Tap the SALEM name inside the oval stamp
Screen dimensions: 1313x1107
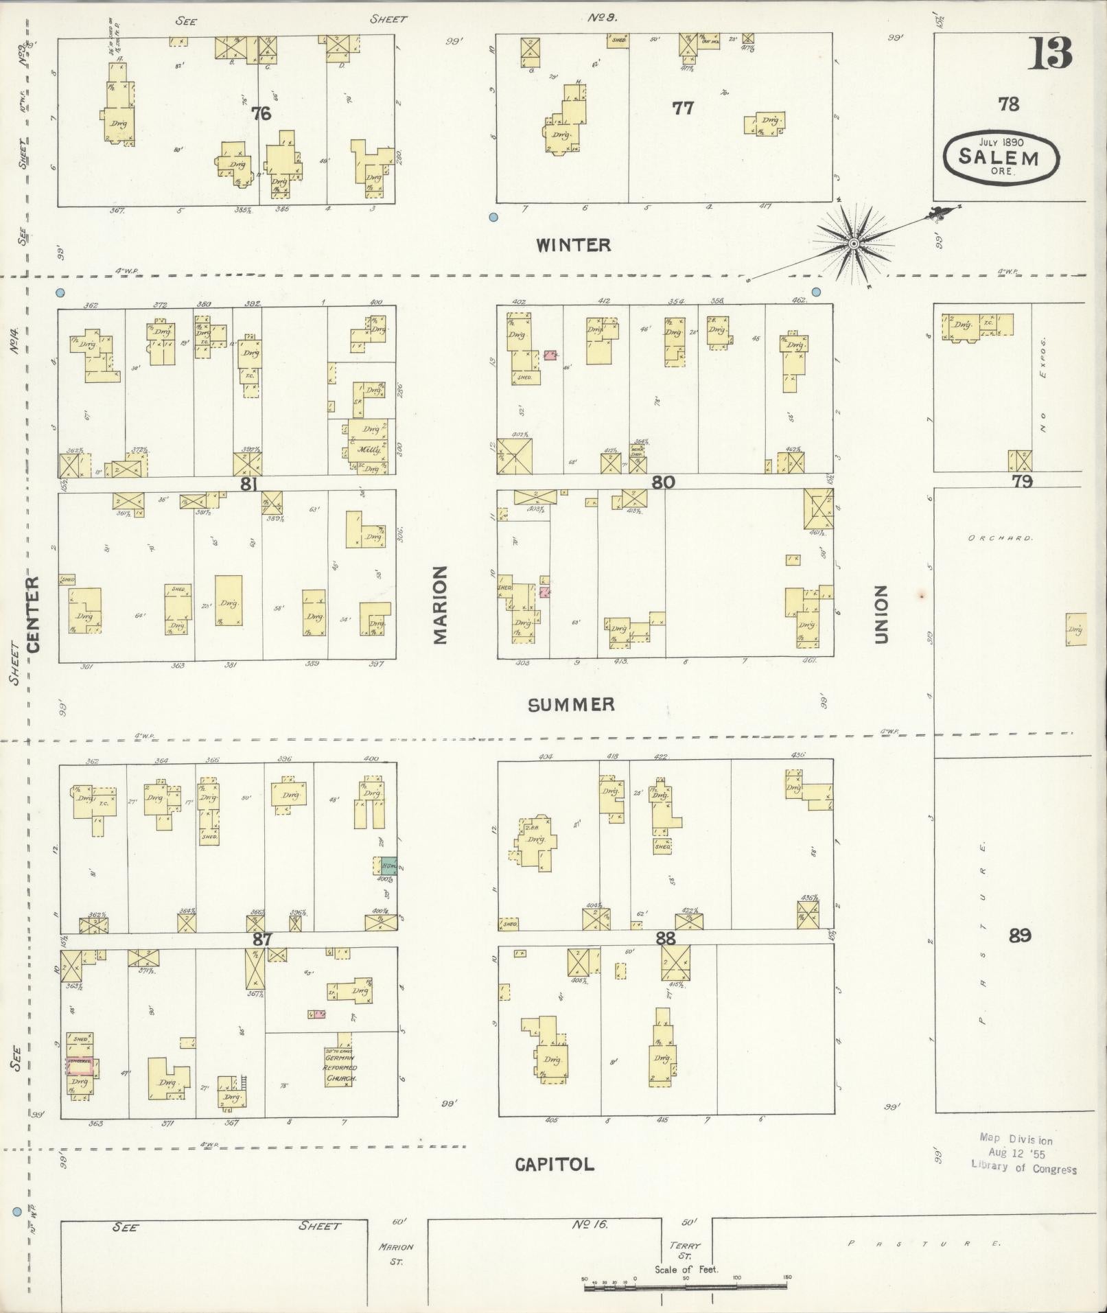pyautogui.click(x=999, y=157)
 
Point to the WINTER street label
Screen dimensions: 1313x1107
pyautogui.click(x=573, y=245)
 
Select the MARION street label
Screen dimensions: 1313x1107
pyautogui.click(x=440, y=605)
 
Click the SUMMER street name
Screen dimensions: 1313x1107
pyautogui.click(x=571, y=704)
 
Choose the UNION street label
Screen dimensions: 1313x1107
pyautogui.click(x=881, y=614)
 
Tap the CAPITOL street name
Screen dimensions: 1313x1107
pyautogui.click(x=555, y=1163)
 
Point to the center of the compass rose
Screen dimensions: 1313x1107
pyautogui.click(x=854, y=244)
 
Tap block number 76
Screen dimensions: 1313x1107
pyautogui.click(x=261, y=113)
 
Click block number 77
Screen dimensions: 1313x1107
pyautogui.click(x=682, y=108)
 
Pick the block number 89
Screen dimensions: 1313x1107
pyautogui.click(x=1020, y=935)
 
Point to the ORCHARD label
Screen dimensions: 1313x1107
pyautogui.click(x=999, y=538)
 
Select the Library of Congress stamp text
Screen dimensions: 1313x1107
pyautogui.click(x=1023, y=1168)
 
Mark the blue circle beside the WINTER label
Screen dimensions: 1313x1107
pyautogui.click(x=493, y=218)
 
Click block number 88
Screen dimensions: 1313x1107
pyautogui.click(x=665, y=938)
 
